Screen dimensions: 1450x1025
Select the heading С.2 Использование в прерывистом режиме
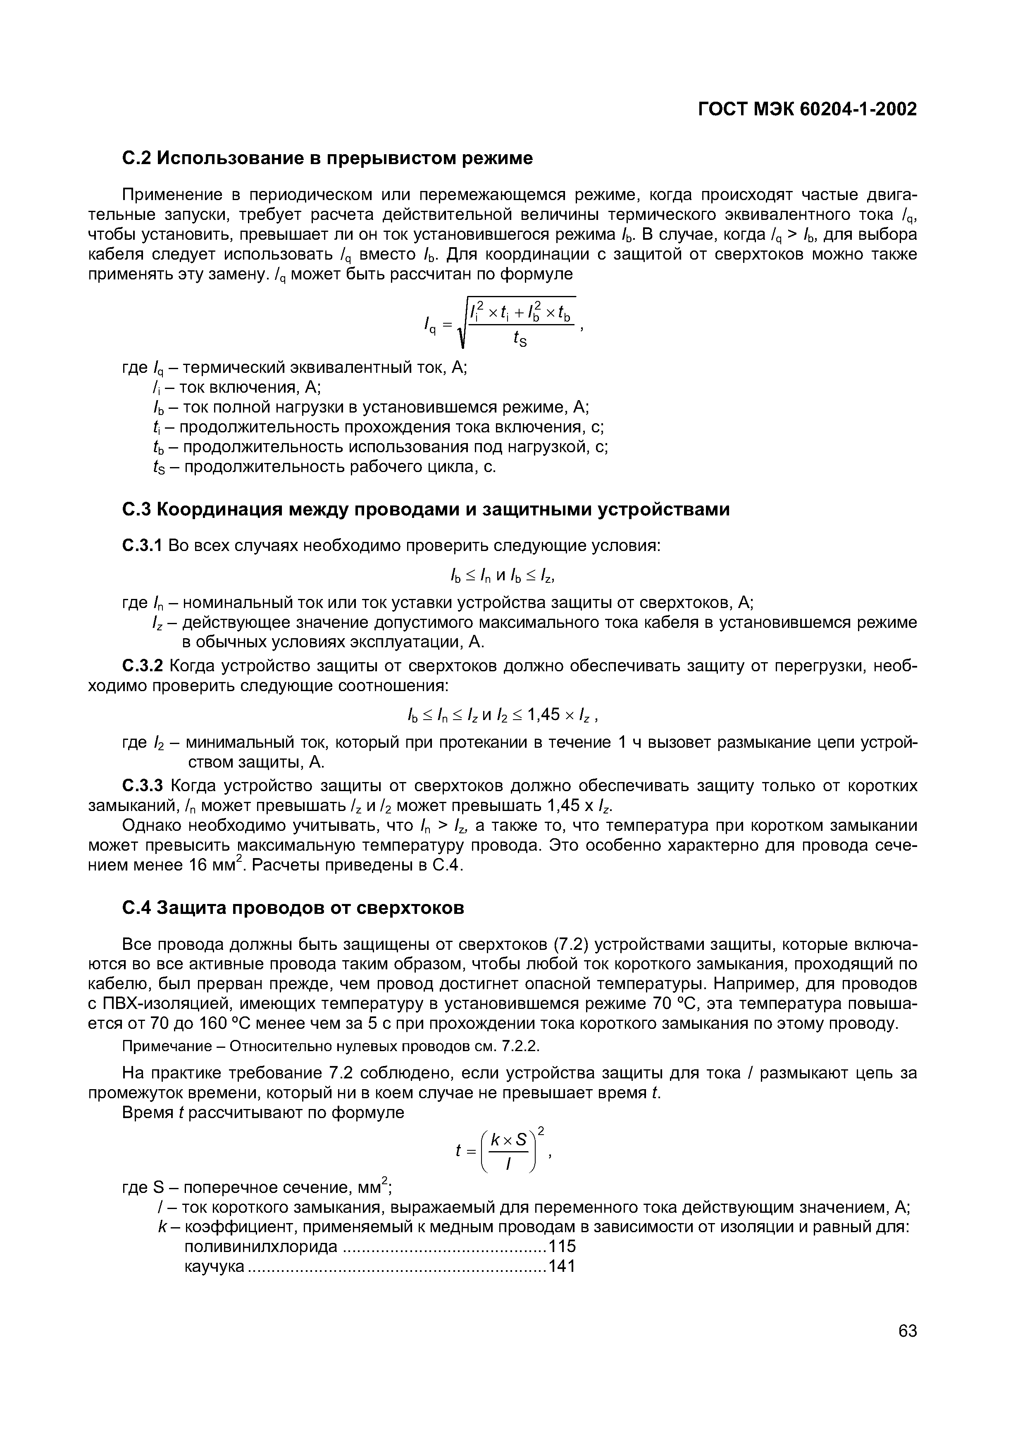327,158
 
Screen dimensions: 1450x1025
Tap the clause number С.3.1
142,545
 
